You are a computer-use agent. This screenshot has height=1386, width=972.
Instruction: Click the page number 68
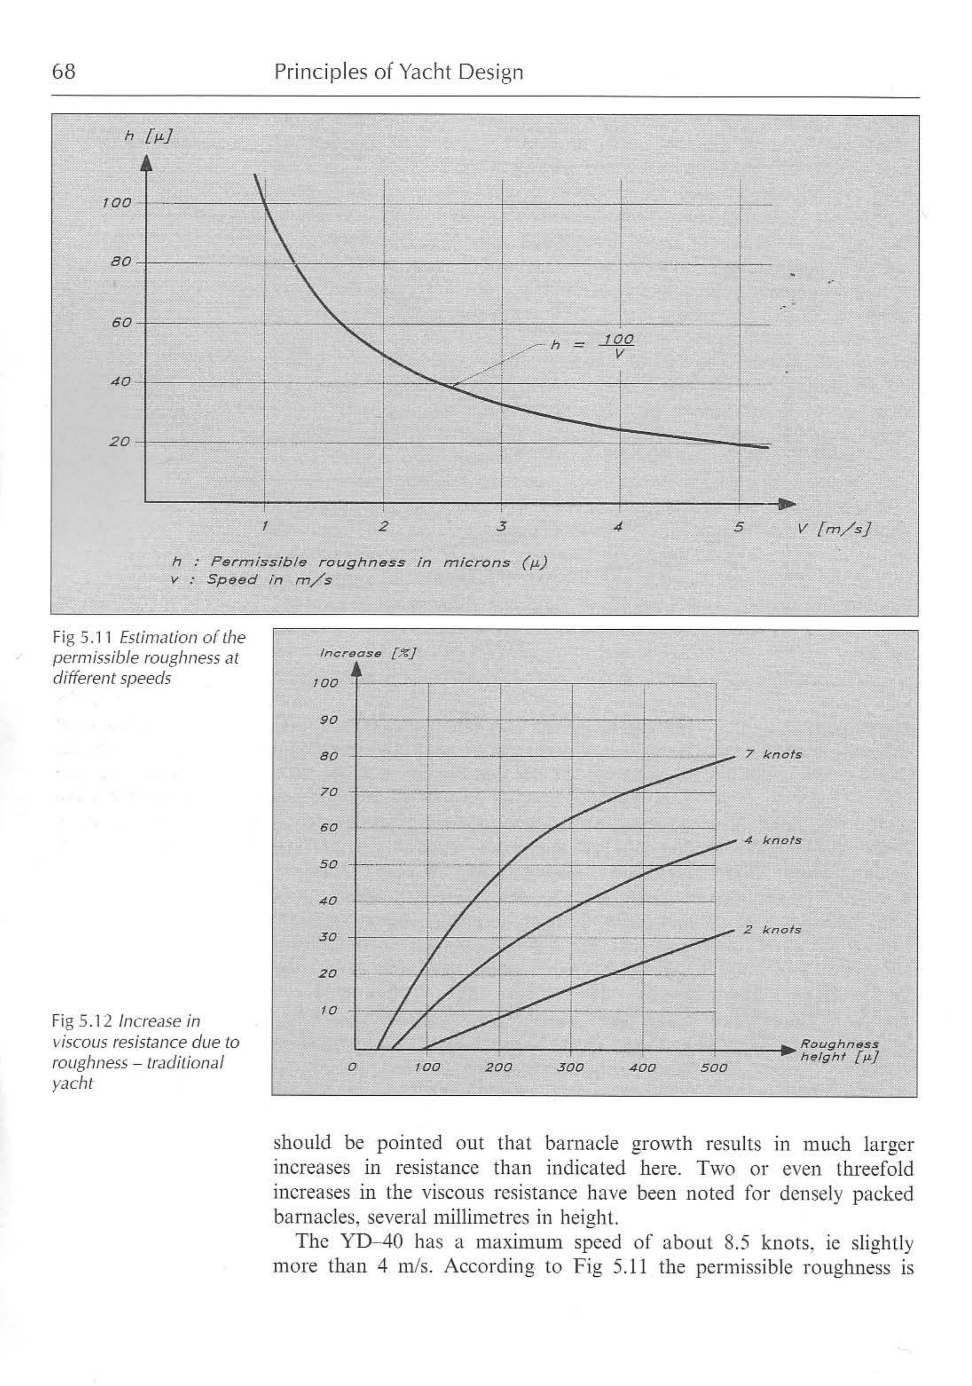click(x=64, y=72)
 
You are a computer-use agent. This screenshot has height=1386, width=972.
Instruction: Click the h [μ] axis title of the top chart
click(x=148, y=137)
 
